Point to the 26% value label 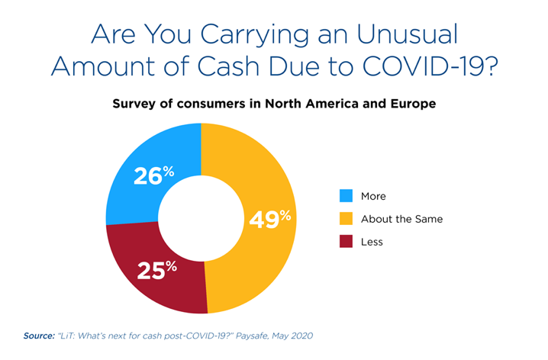[153, 175]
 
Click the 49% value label [270, 219]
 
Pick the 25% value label [157, 270]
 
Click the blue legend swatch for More [346, 195]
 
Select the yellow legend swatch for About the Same [346, 219]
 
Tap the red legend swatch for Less [346, 241]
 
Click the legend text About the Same [402, 219]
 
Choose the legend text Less [372, 242]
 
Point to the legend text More [373, 196]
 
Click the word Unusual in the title [407, 34]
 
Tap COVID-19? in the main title [430, 66]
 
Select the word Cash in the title [228, 66]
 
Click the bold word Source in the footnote [39, 336]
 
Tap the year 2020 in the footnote [301, 336]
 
